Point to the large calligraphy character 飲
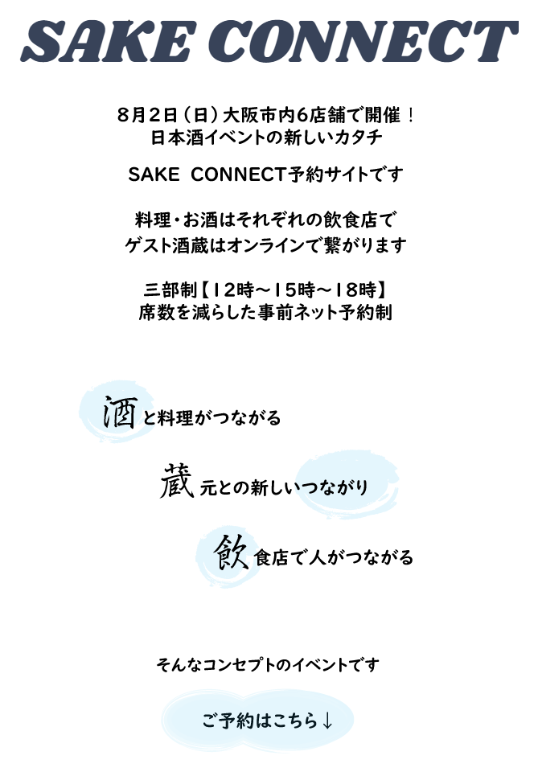(x=231, y=552)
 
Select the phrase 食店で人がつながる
(x=334, y=557)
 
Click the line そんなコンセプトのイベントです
(x=267, y=665)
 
